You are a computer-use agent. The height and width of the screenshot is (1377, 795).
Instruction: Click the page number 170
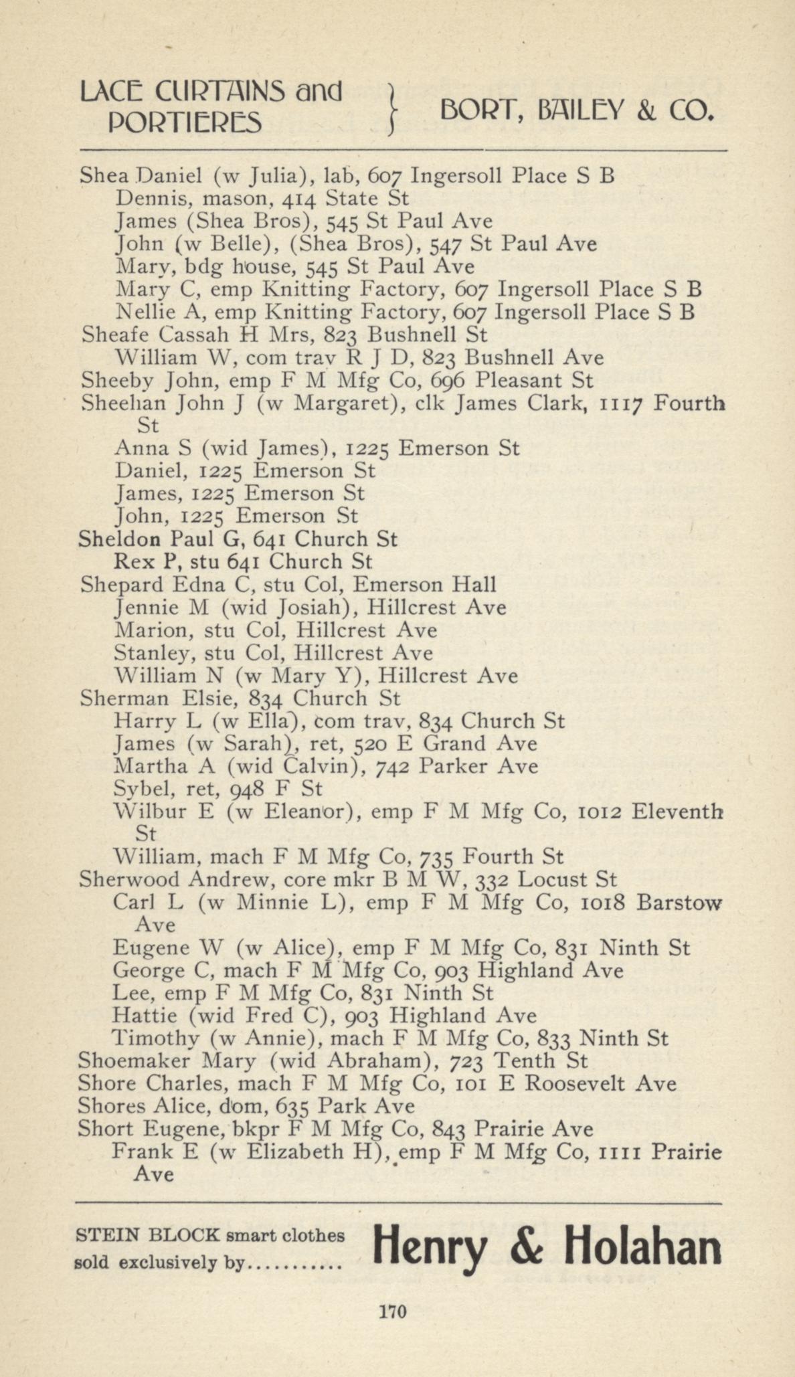point(393,1311)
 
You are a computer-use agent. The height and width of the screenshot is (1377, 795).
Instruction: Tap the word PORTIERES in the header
point(185,122)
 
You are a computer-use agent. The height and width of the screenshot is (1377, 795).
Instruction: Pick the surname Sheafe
point(109,333)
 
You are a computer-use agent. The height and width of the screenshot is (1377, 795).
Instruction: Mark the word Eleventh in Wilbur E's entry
point(677,812)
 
